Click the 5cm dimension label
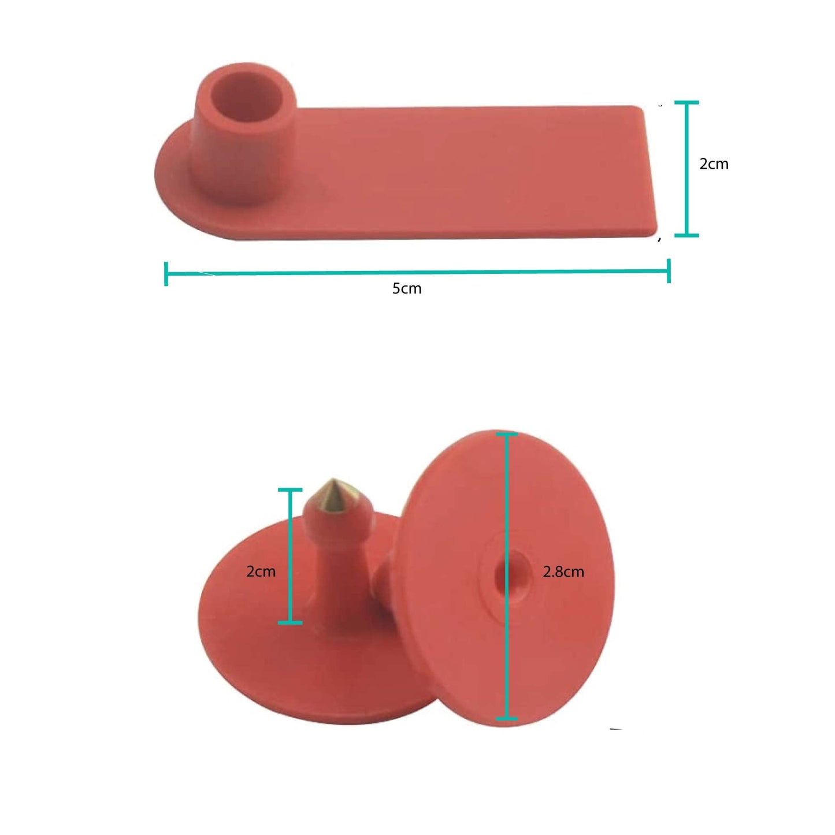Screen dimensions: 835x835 [x=407, y=288]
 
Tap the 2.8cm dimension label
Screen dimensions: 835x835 [x=563, y=572]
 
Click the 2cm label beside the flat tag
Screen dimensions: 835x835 [x=714, y=164]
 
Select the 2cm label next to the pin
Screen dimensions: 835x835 [x=261, y=571]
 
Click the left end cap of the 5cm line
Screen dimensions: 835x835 [x=166, y=273]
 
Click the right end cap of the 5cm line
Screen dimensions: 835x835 [x=669, y=271]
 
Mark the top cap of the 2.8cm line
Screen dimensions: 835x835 [x=507, y=433]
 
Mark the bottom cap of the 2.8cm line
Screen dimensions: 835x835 [x=507, y=718]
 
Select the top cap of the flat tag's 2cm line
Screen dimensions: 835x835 [x=686, y=103]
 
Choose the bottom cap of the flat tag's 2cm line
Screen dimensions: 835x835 [x=686, y=235]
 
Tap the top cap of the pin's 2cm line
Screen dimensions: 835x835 [x=290, y=490]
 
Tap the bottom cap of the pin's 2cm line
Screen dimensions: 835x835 [x=290, y=622]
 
